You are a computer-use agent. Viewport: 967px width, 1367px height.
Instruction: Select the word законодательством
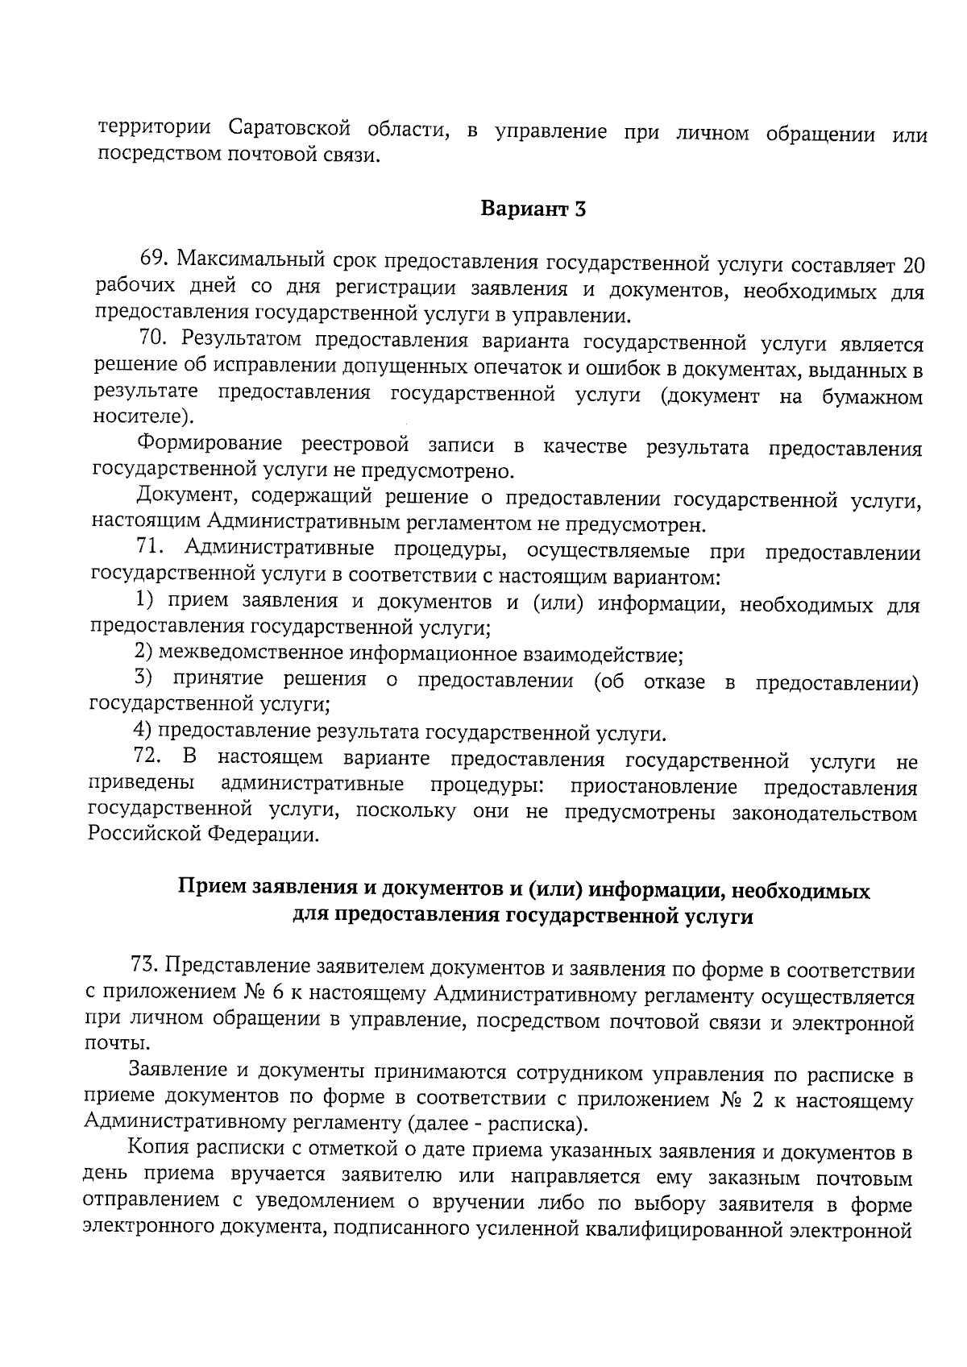(824, 814)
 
